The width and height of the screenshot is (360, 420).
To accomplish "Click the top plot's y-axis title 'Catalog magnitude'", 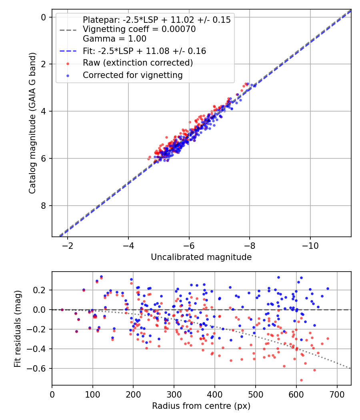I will [x=32, y=123].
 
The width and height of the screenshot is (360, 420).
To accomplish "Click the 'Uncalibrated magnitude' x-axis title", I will [x=201, y=257].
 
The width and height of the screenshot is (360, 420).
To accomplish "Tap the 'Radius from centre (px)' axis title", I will [x=201, y=406].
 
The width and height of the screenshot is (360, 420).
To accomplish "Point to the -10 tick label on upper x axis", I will [x=310, y=244].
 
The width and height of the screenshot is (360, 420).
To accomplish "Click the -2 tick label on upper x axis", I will [x=68, y=244].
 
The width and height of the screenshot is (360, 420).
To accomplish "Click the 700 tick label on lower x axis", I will [x=337, y=394].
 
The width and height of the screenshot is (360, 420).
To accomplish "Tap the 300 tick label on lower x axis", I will [x=174, y=394].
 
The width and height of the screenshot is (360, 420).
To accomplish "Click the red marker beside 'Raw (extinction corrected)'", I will [x=68, y=63].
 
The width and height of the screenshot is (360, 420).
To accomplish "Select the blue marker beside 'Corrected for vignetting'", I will [x=68, y=75].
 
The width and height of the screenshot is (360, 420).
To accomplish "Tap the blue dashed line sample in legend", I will [x=68, y=51].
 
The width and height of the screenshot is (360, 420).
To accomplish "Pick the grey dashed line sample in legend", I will [x=68, y=30].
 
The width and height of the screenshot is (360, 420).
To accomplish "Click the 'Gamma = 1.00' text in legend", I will [x=114, y=39].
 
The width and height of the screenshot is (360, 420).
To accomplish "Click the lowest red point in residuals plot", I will [x=301, y=380].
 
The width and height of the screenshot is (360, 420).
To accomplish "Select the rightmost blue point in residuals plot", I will [x=328, y=288].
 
